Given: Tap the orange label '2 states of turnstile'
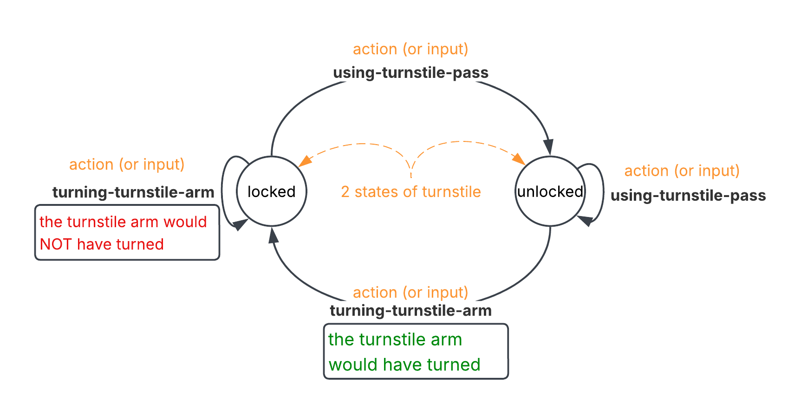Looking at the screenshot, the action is click(411, 191).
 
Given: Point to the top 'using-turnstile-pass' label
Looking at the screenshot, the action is click(411, 73).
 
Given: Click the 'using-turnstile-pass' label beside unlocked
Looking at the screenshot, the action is click(688, 196).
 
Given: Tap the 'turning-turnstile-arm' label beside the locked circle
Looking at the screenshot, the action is click(133, 192).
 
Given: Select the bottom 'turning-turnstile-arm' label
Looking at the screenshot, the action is click(411, 311).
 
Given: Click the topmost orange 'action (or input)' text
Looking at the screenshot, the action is click(410, 49).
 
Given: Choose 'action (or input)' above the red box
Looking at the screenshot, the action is click(127, 165).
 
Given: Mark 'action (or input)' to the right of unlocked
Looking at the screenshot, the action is click(682, 171).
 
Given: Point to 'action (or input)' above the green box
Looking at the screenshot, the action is click(410, 293).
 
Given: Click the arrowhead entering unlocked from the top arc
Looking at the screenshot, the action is click(549, 147).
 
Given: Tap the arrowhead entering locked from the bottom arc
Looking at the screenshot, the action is click(274, 236).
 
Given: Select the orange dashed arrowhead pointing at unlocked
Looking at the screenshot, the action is click(519, 159).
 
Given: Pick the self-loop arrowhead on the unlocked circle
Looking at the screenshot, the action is click(585, 221).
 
